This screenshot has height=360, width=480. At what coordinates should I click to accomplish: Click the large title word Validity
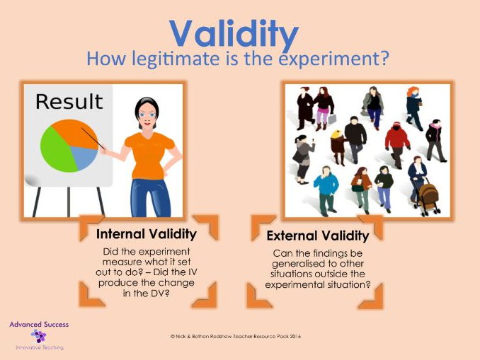coord(234,35)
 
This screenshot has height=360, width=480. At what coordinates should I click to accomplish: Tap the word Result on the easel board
coord(69,102)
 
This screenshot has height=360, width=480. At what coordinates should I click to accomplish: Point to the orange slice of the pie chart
coord(75,133)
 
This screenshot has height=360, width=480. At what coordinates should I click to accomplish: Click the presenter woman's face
coord(147,115)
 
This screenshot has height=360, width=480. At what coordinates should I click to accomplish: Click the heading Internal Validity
coord(147,234)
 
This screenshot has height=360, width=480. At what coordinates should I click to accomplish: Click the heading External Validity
coord(318,236)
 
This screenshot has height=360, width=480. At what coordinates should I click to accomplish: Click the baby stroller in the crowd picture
coord(428,197)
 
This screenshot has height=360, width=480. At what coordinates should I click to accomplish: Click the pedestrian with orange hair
coord(414,108)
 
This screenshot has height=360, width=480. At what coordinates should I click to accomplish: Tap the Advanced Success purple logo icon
coord(38,336)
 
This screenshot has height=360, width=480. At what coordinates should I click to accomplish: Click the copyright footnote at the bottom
coord(236,337)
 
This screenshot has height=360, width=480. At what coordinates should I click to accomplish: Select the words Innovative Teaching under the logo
coord(40,348)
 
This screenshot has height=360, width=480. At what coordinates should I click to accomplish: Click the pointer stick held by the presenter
coord(93,139)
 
